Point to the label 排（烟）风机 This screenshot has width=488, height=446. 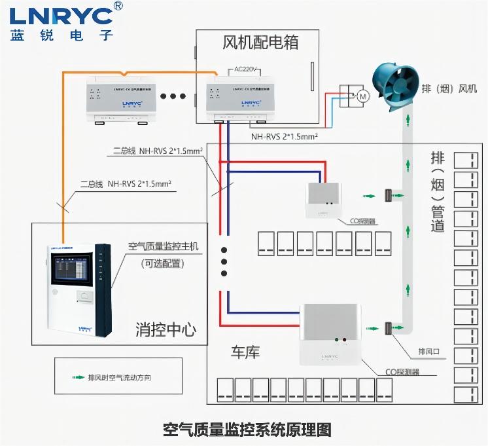(449, 88)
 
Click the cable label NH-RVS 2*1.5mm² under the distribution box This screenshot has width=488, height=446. (285, 137)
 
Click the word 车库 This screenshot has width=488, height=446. (245, 352)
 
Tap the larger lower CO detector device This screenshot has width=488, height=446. (331, 335)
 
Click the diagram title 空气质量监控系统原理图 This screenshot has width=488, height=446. (247, 430)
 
